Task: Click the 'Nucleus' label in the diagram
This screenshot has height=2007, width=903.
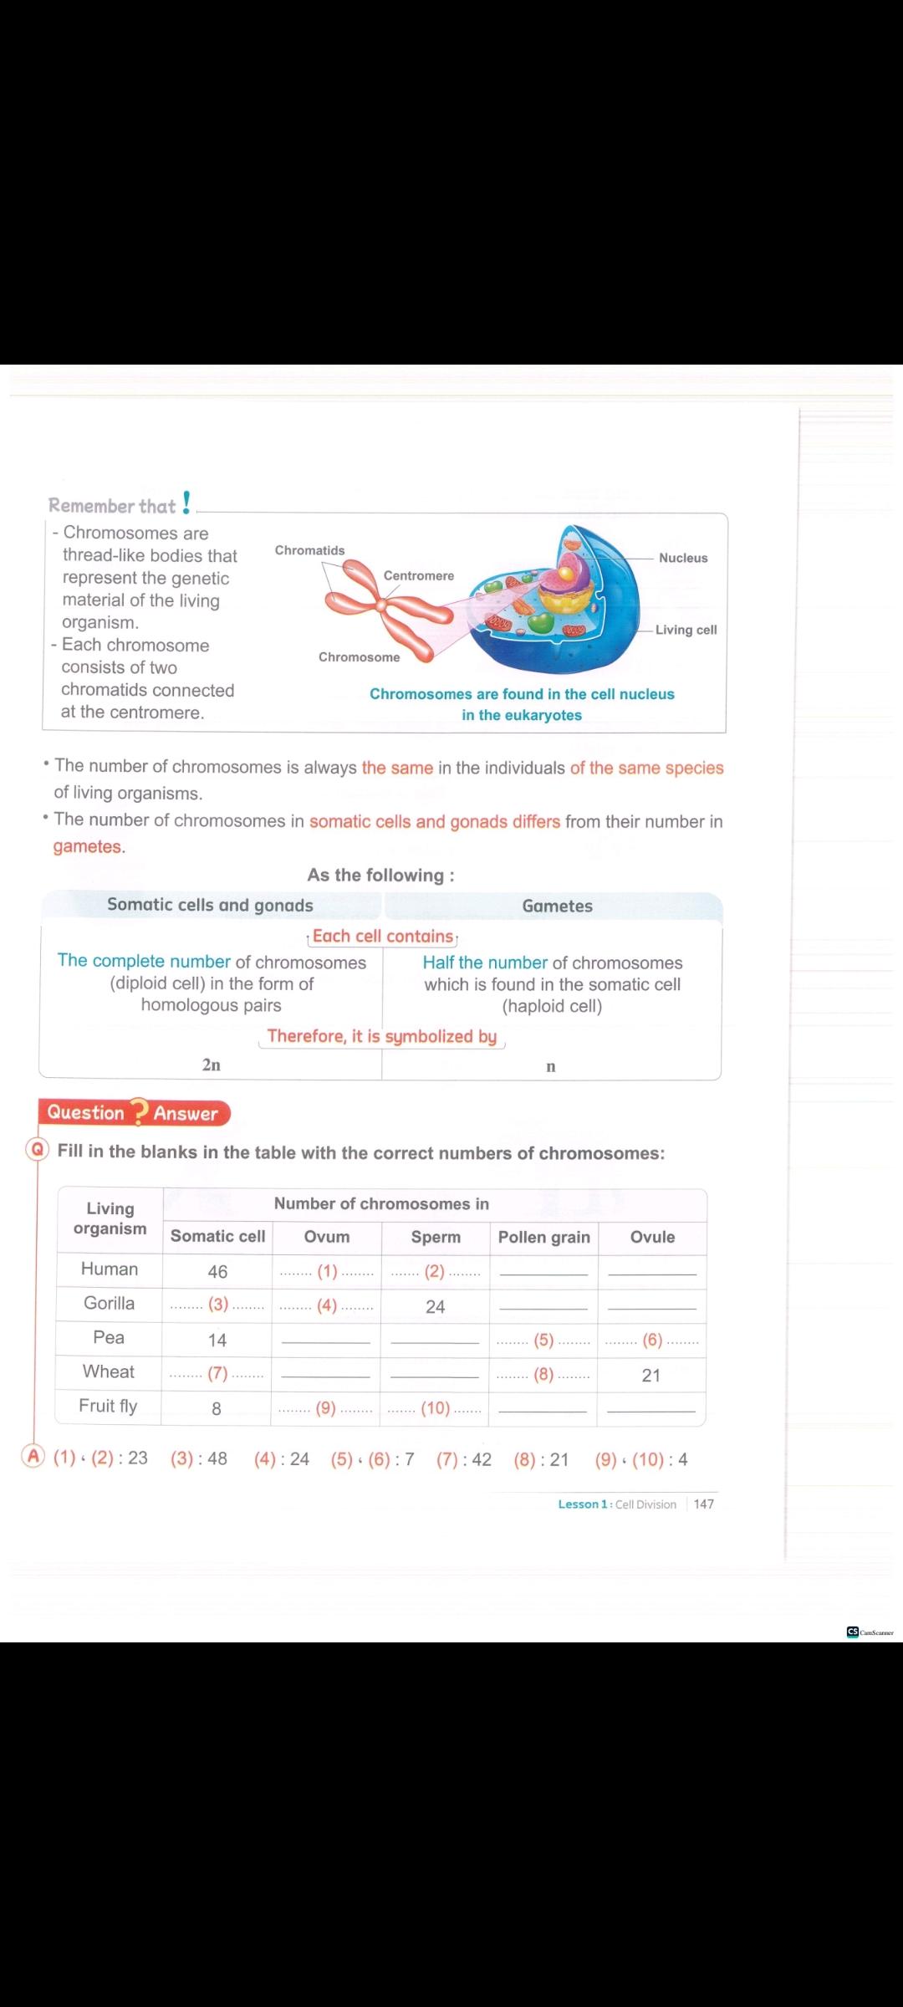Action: coord(682,558)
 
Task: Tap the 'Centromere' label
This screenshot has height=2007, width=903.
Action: coord(418,575)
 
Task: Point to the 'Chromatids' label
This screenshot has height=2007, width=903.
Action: coord(309,550)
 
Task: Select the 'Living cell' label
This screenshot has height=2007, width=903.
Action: coord(686,630)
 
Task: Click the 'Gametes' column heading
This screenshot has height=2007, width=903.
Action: coord(557,906)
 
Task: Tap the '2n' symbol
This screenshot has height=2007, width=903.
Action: coord(212,1065)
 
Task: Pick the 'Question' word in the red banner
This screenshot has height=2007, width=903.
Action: coord(85,1112)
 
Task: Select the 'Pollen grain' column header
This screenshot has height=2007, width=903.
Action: coord(543,1237)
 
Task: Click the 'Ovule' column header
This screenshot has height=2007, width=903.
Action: coord(652,1237)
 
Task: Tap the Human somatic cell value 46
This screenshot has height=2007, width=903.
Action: coord(217,1271)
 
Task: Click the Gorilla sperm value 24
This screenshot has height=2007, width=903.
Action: coord(435,1306)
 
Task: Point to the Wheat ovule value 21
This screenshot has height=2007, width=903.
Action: coord(651,1375)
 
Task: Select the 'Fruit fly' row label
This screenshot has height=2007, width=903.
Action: coord(108,1406)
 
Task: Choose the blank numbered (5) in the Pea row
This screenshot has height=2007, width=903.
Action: coord(543,1340)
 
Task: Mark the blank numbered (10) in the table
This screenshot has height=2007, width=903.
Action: coord(435,1408)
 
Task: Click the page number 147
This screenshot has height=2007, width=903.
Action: coord(704,1504)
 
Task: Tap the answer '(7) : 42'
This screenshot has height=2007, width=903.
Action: coord(464,1459)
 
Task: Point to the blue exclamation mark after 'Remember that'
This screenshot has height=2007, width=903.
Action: coord(186,503)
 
